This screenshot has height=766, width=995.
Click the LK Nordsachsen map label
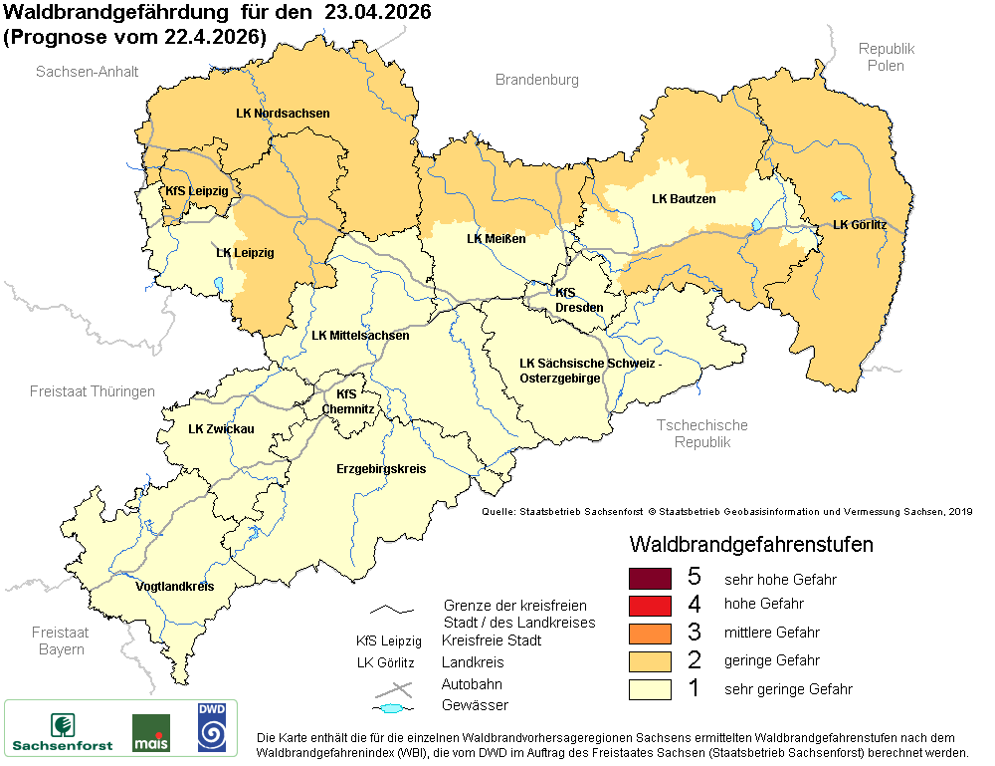click(x=283, y=114)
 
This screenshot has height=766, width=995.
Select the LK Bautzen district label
click(x=684, y=199)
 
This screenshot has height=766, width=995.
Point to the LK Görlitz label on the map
click(x=859, y=225)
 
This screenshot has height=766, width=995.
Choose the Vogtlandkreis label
click(x=174, y=587)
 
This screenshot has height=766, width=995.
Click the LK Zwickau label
click(x=221, y=429)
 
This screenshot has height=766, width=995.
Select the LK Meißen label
click(x=496, y=239)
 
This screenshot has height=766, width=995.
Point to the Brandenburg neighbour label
click(x=536, y=80)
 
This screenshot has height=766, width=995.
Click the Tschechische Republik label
click(x=701, y=433)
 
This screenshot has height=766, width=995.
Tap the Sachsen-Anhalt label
click(x=87, y=72)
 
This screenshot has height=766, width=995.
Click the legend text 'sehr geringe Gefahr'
click(x=788, y=688)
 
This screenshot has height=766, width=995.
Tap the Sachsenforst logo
click(x=62, y=730)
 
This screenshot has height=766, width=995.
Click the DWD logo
click(x=210, y=727)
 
